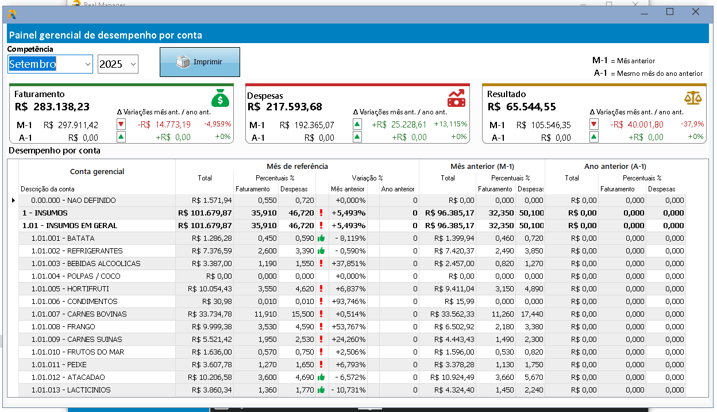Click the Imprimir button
200,62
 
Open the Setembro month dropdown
87,64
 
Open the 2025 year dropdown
133,64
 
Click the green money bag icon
220,98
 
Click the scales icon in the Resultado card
693,98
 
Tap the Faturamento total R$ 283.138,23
52,107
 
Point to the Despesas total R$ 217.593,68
284,107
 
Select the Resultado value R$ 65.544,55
522,107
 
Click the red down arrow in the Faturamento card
121,124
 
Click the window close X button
695,12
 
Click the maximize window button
670,12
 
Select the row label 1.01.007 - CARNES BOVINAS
79,314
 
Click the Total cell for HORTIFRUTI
210,289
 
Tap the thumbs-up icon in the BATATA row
321,238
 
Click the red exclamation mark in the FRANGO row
321,326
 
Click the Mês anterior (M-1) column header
482,167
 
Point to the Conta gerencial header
97,172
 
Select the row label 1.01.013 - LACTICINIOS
71,390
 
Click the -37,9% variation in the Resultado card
692,124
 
